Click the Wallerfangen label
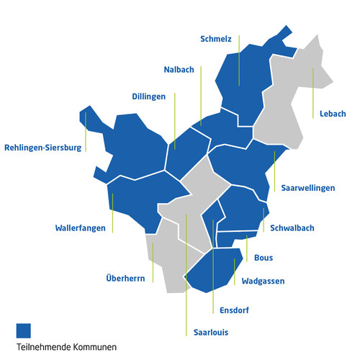tap(85, 228)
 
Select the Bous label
tap(264, 257)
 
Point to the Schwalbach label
tap(292, 228)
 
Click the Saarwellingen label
tap(305, 188)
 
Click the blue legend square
tap(24, 330)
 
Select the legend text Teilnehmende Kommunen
tap(66, 348)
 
